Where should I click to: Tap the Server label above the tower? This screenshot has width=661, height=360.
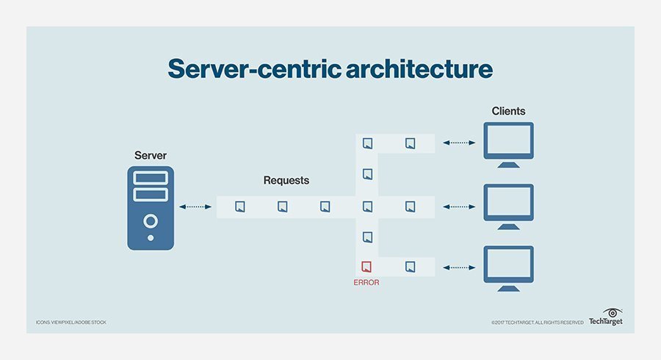pos(151,155)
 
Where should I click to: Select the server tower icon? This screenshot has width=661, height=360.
pos(151,208)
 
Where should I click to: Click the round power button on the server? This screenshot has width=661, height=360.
pos(151,221)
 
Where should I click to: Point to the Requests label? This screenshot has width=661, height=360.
pos(286,180)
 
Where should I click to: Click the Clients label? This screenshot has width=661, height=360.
pos(509,112)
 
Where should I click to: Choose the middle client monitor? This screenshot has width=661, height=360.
pos(509,204)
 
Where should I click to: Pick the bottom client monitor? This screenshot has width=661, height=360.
pos(509,265)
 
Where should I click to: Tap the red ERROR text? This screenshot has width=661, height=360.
pos(366,281)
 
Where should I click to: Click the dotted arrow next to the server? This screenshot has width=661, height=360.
pos(195,207)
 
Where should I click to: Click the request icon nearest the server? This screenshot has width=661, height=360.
pos(239,207)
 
